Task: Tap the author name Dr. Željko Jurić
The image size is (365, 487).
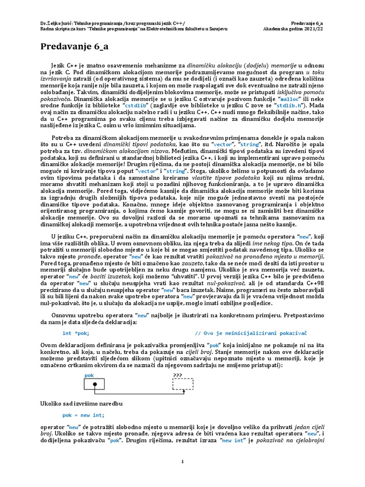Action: (x=56, y=22)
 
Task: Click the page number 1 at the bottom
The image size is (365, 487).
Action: (x=182, y=461)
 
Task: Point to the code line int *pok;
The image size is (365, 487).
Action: (x=76, y=333)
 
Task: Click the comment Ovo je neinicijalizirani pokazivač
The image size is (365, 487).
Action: (x=251, y=333)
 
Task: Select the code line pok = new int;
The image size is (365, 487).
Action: (x=83, y=415)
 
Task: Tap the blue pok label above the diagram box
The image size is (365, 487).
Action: (x=89, y=375)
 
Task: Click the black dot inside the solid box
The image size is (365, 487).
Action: (x=95, y=384)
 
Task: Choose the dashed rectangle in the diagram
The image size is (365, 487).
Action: (x=182, y=384)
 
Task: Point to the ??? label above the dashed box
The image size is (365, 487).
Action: (x=177, y=375)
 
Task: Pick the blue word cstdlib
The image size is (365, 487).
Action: (x=137, y=105)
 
